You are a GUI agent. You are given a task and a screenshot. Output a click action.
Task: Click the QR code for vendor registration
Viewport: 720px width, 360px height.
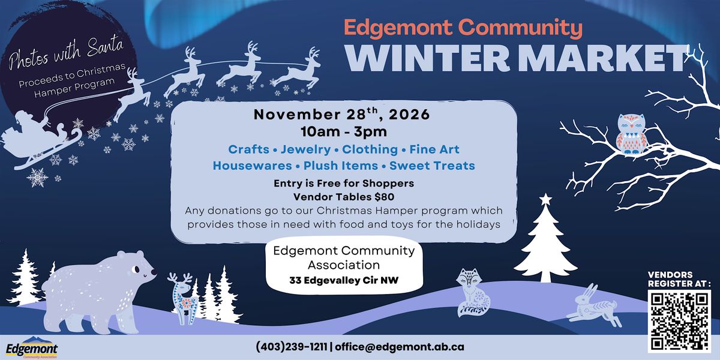pos(679,321)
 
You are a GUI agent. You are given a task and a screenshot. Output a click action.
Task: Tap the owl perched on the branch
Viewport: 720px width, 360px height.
pos(631,133)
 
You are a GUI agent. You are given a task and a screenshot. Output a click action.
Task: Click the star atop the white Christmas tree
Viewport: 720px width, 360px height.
pos(545,199)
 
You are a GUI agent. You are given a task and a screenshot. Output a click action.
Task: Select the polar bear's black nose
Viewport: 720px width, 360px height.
pos(154,272)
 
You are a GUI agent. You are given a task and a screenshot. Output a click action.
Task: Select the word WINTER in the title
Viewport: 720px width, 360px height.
pos(428,59)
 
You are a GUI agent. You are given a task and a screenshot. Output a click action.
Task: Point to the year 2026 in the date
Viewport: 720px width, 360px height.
pos(409,115)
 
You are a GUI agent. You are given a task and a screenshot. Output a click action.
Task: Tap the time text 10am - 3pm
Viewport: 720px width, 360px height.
pos(344,132)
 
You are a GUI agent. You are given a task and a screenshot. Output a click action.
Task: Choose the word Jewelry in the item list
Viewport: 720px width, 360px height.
pos(305,149)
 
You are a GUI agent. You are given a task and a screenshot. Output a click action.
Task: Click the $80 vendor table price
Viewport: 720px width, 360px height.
pos(385,197)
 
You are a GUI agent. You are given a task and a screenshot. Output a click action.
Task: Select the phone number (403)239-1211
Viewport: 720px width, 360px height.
pos(292,347)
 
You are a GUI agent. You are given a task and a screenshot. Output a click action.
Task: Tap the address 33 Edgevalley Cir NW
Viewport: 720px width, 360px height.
pos(344,280)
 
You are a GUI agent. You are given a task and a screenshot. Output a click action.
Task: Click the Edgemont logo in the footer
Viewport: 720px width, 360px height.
pos(32,347)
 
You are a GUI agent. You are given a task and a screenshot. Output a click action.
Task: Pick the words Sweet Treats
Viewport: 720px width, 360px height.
pos(433,166)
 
